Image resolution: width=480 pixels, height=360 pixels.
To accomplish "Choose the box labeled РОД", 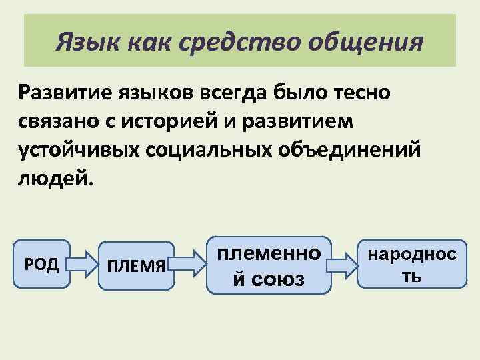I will click(42, 264).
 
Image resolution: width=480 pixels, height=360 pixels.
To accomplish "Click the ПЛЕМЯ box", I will click(136, 266).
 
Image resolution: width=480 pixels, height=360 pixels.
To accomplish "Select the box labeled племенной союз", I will click(269, 265).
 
